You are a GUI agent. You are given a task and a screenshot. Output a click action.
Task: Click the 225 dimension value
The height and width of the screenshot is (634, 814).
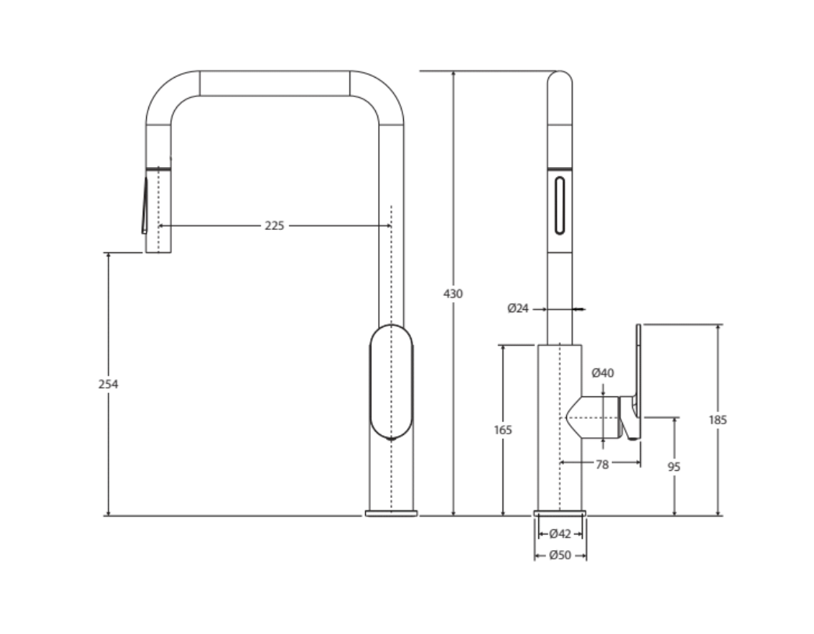click(275, 226)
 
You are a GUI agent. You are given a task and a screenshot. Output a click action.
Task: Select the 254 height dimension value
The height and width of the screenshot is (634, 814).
click(109, 385)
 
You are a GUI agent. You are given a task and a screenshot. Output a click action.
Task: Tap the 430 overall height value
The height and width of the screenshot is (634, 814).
click(453, 294)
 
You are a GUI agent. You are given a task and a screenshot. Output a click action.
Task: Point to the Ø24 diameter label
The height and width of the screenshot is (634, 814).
click(518, 308)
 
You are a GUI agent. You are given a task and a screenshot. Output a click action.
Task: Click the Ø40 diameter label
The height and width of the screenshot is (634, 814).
click(603, 373)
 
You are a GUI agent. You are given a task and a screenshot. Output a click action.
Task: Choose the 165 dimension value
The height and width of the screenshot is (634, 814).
click(503, 430)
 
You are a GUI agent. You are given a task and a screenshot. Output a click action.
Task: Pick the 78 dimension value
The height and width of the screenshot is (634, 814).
click(602, 465)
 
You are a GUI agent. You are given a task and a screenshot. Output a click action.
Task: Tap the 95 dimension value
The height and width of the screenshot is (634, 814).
click(674, 467)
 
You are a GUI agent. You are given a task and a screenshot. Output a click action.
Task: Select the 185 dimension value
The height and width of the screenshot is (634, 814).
click(718, 420)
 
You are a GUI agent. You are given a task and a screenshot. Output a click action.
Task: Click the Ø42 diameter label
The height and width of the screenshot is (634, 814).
click(560, 534)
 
